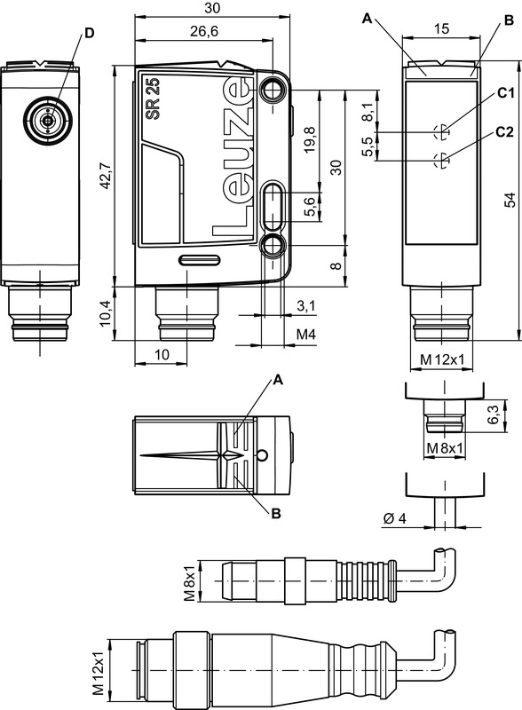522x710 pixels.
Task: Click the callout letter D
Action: pos(88,33)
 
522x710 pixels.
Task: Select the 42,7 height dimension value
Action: pos(106,176)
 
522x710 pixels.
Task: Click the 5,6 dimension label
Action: pos(308,208)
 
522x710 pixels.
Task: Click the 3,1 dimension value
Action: pos(304,306)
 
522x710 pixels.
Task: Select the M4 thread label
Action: pos(305,334)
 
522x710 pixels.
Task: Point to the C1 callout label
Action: pos(505,92)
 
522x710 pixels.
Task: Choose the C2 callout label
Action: pos(505,131)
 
